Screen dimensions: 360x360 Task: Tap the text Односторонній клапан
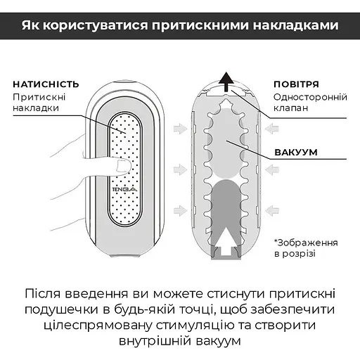tap(306, 103)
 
